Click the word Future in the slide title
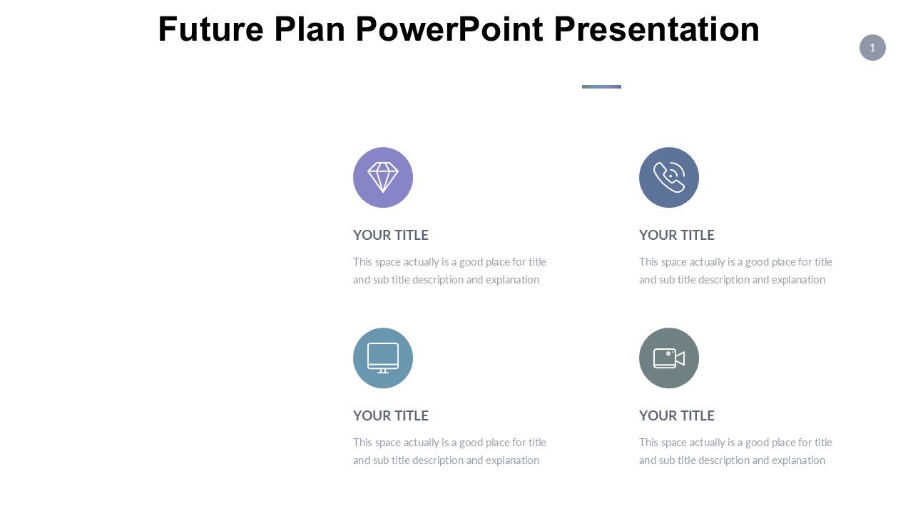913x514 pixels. coord(210,29)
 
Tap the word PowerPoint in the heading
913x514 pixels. coord(449,29)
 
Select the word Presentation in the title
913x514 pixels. coord(657,29)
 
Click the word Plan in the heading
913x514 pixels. coord(310,29)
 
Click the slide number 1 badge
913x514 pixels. coord(872,48)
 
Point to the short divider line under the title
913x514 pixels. coord(601,87)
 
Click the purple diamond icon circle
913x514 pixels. coord(383,178)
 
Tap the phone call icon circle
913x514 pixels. coord(669,178)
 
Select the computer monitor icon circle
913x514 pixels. coord(383,358)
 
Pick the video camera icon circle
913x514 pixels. coord(669,358)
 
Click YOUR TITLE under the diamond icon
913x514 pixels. coord(390,235)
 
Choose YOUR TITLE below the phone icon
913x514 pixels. coord(677,235)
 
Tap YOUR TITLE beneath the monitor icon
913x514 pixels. coord(390,415)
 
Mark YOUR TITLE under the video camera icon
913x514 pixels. coord(677,415)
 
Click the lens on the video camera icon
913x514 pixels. coord(668,353)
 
